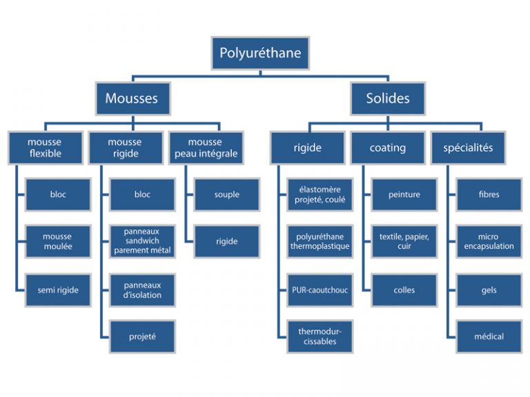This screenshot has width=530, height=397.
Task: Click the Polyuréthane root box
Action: coord(260,53)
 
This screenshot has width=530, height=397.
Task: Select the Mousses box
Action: coord(131,99)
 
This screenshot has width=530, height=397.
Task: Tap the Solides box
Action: coord(388,99)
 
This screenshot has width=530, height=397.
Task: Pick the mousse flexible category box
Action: coord(45,147)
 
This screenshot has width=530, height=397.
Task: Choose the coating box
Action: coord(387,147)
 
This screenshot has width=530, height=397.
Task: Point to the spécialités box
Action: coord(468,147)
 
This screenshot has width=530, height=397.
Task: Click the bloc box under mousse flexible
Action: coord(58,194)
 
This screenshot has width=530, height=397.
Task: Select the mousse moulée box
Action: coord(58,242)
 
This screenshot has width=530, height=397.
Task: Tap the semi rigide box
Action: coord(58,290)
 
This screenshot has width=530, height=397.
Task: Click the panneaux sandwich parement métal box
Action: coord(142,242)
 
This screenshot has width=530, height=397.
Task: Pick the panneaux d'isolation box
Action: coord(142,290)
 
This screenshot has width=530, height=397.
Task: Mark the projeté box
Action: coord(142,337)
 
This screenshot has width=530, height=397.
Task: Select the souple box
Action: coord(226,194)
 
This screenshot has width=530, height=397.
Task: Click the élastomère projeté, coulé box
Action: coord(320,194)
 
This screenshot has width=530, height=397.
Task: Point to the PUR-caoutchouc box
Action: coord(320,290)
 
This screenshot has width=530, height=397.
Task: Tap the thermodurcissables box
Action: coord(320,337)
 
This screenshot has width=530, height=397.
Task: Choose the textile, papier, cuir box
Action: coord(404,242)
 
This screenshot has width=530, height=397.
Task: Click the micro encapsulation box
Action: coord(489,242)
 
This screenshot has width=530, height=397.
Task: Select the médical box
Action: coord(489,337)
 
